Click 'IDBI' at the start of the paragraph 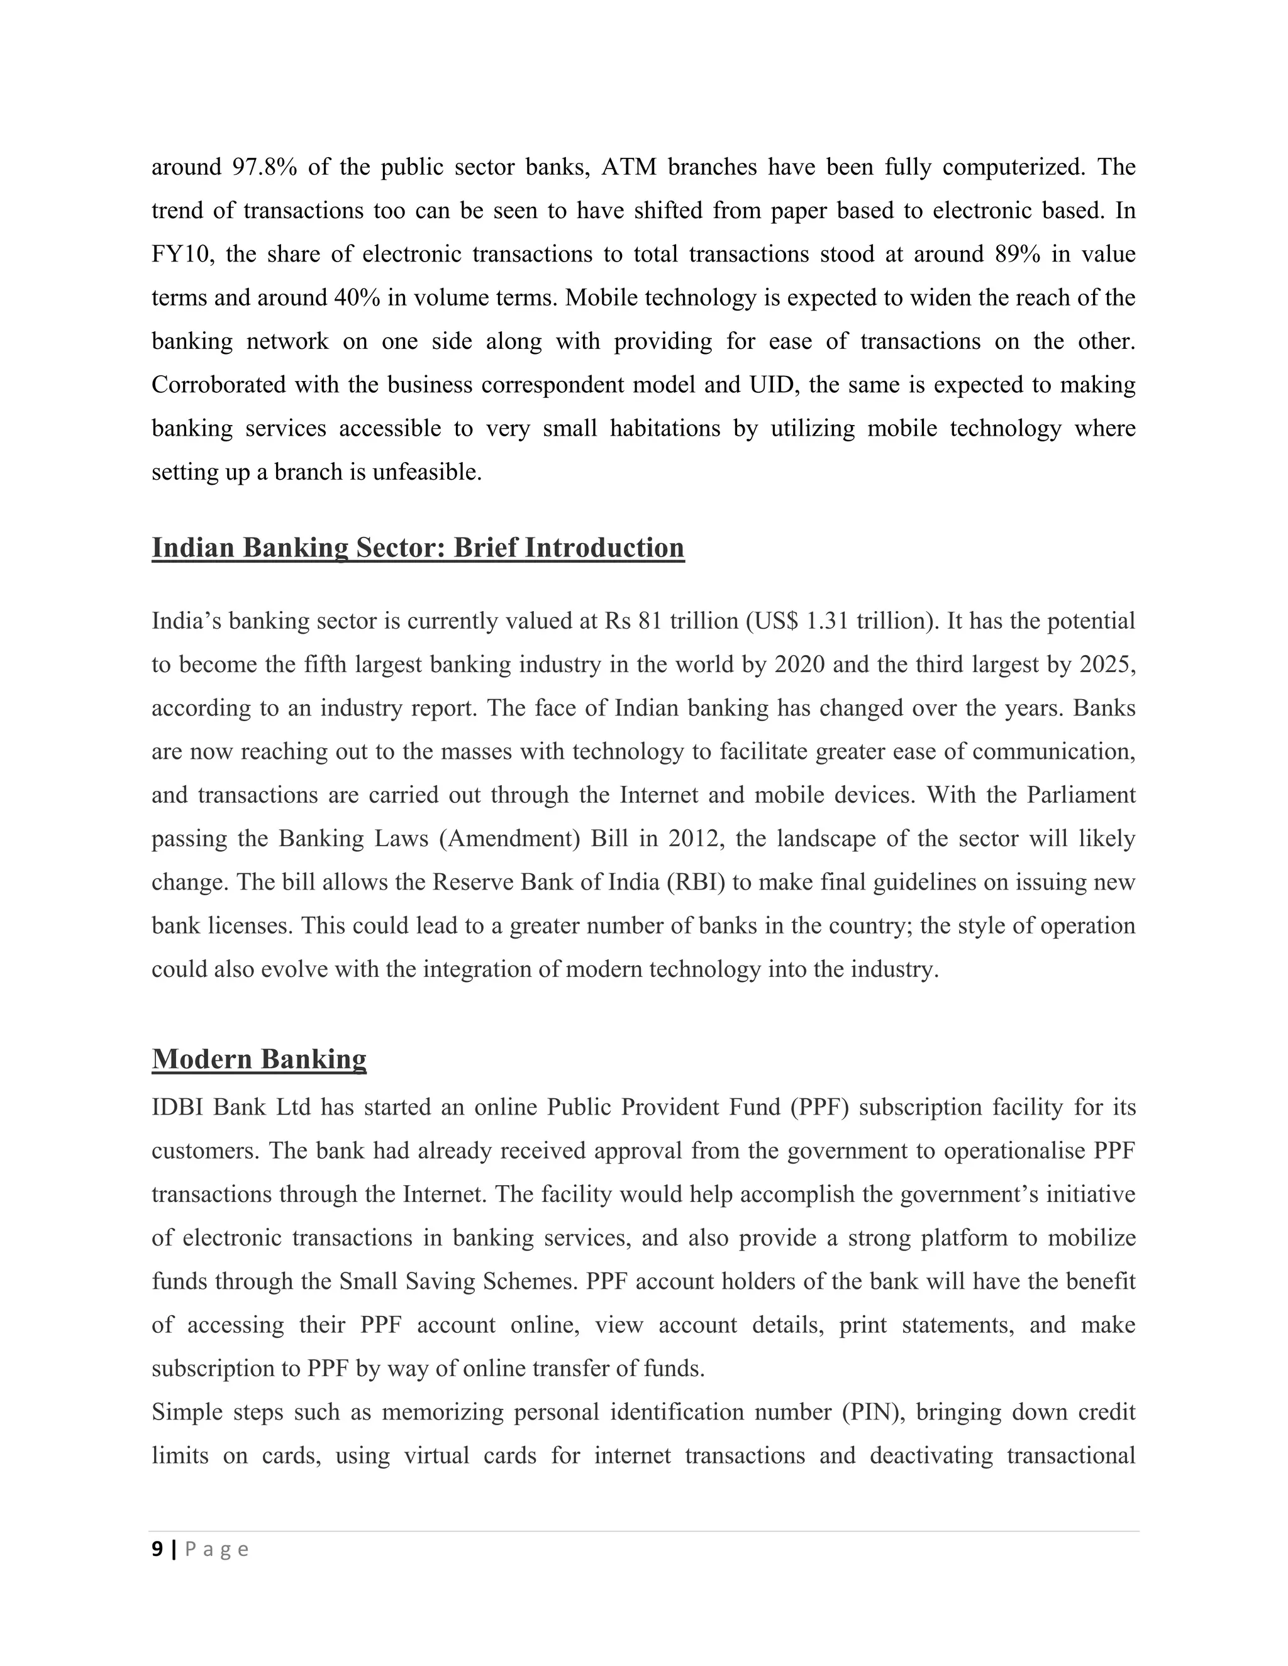click(177, 1107)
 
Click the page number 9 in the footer click(157, 1549)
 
